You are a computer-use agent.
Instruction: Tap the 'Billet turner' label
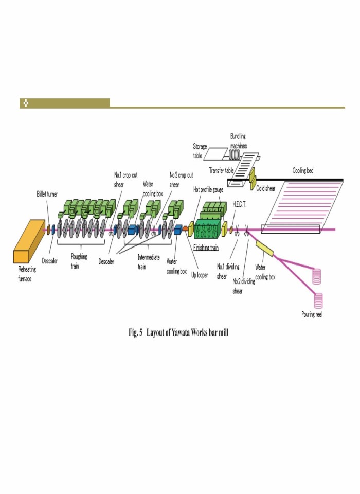coord(47,194)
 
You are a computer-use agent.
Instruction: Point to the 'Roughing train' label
coord(79,261)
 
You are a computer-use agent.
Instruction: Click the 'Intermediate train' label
coord(149,261)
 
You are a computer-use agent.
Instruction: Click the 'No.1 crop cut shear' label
coord(125,179)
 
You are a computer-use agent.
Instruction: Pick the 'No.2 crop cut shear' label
coord(181,179)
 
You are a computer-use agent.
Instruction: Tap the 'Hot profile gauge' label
coord(208,190)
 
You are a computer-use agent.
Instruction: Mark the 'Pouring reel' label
coord(312,314)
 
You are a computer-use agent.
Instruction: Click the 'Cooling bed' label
coord(303,170)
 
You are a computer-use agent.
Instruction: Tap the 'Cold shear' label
coord(266,189)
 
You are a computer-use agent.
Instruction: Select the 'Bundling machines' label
coord(238,140)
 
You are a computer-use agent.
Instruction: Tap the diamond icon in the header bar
coord(26,103)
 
